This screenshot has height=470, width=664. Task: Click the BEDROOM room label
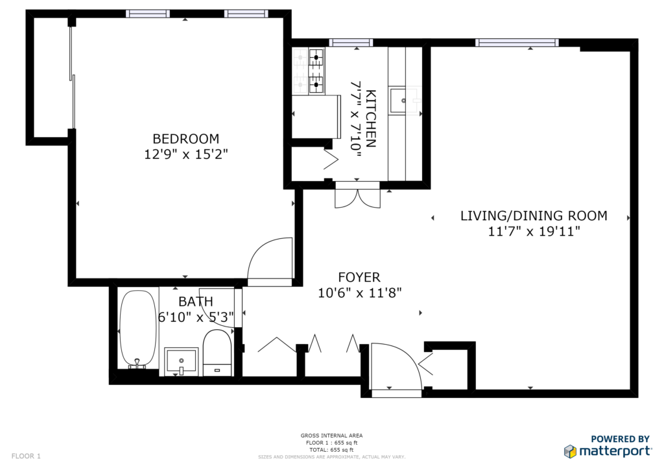tap(185, 138)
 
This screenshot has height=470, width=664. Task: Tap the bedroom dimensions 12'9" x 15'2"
tap(185, 155)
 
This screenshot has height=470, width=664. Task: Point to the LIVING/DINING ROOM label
tap(533, 216)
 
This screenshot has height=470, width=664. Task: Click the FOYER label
tap(359, 277)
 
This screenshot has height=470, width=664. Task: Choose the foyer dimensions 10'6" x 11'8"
tap(360, 293)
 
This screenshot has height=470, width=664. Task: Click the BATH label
tap(195, 301)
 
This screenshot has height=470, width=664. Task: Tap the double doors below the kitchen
tap(357, 197)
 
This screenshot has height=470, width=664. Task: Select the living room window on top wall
tap(516, 43)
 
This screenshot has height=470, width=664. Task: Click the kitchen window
tap(351, 43)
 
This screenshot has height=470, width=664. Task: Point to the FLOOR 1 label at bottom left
tap(26, 456)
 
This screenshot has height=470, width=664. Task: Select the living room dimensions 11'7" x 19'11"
tap(534, 231)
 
